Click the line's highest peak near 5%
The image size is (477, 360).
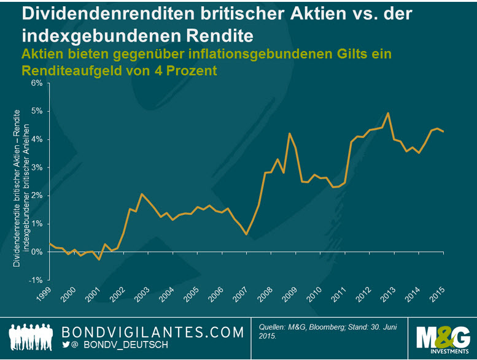click(388, 113)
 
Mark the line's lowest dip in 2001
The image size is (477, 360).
click(99, 260)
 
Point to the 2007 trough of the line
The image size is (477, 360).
click(246, 234)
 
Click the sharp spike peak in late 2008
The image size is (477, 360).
click(289, 133)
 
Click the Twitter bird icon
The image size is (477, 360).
click(66, 345)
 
